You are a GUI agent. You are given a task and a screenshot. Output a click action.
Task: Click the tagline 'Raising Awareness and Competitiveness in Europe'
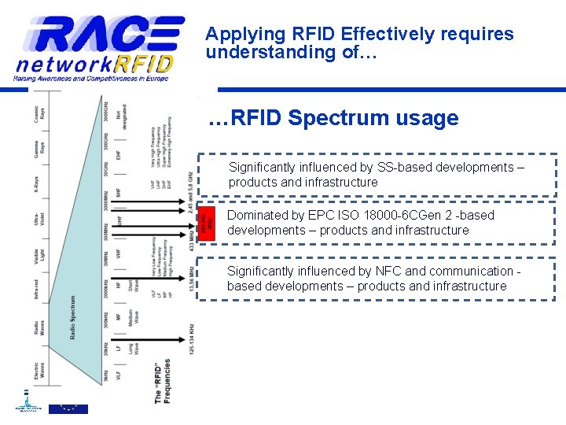[90, 79]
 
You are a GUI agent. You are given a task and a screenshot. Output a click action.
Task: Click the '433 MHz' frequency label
[191, 238]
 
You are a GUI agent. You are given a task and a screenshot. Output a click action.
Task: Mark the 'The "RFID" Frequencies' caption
[163, 381]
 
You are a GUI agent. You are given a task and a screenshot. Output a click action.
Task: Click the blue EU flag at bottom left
[69, 408]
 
